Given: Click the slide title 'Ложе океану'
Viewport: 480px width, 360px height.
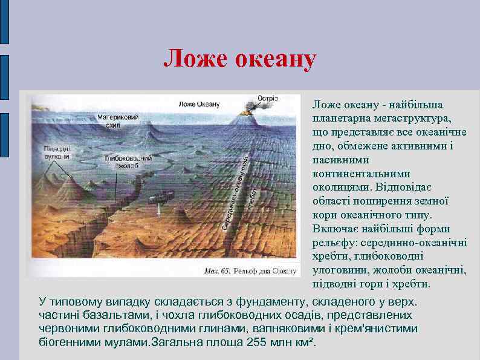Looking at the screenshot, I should click(x=240, y=59).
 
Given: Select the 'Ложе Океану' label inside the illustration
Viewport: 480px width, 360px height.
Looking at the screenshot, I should click(x=199, y=103).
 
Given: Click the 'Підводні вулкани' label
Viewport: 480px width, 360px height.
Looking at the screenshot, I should click(x=56, y=152).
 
